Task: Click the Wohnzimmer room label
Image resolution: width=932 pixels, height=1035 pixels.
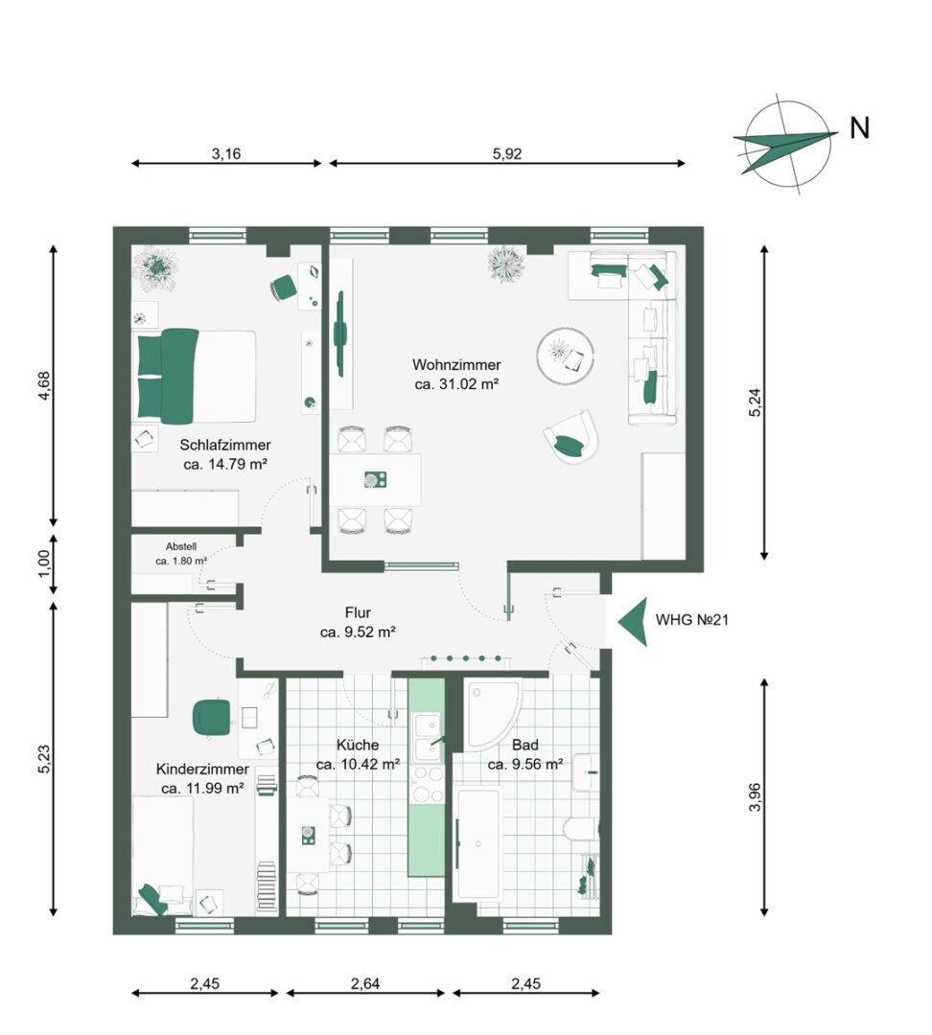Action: point(456,364)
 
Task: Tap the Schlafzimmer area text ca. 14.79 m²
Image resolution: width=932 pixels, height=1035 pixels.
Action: point(224,464)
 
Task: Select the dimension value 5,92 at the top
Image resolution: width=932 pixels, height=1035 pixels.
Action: point(506,153)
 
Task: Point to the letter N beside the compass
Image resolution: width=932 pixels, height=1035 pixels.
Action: point(859,128)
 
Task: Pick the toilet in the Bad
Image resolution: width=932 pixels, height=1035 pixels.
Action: point(581,829)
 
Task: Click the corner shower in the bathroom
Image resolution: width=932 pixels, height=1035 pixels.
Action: point(492,715)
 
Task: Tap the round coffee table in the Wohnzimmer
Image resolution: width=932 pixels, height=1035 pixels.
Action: point(565,356)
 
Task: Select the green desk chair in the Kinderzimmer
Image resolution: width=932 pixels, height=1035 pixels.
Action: point(212,717)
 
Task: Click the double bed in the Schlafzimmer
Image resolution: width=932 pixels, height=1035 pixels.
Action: point(197,377)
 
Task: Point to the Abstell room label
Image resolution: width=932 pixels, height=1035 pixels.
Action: point(181,546)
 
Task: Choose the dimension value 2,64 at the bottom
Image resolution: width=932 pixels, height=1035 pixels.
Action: point(365,983)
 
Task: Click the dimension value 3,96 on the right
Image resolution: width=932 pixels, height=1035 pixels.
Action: point(755,796)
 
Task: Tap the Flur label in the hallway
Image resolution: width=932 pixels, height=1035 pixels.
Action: point(358,613)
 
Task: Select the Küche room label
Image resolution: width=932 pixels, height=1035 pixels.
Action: point(358,746)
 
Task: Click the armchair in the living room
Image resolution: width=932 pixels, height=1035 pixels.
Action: point(571,436)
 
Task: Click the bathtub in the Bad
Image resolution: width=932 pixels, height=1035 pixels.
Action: point(480,842)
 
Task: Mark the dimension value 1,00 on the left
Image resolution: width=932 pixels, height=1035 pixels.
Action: point(44,563)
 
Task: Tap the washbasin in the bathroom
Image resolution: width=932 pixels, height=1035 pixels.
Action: point(586,771)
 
